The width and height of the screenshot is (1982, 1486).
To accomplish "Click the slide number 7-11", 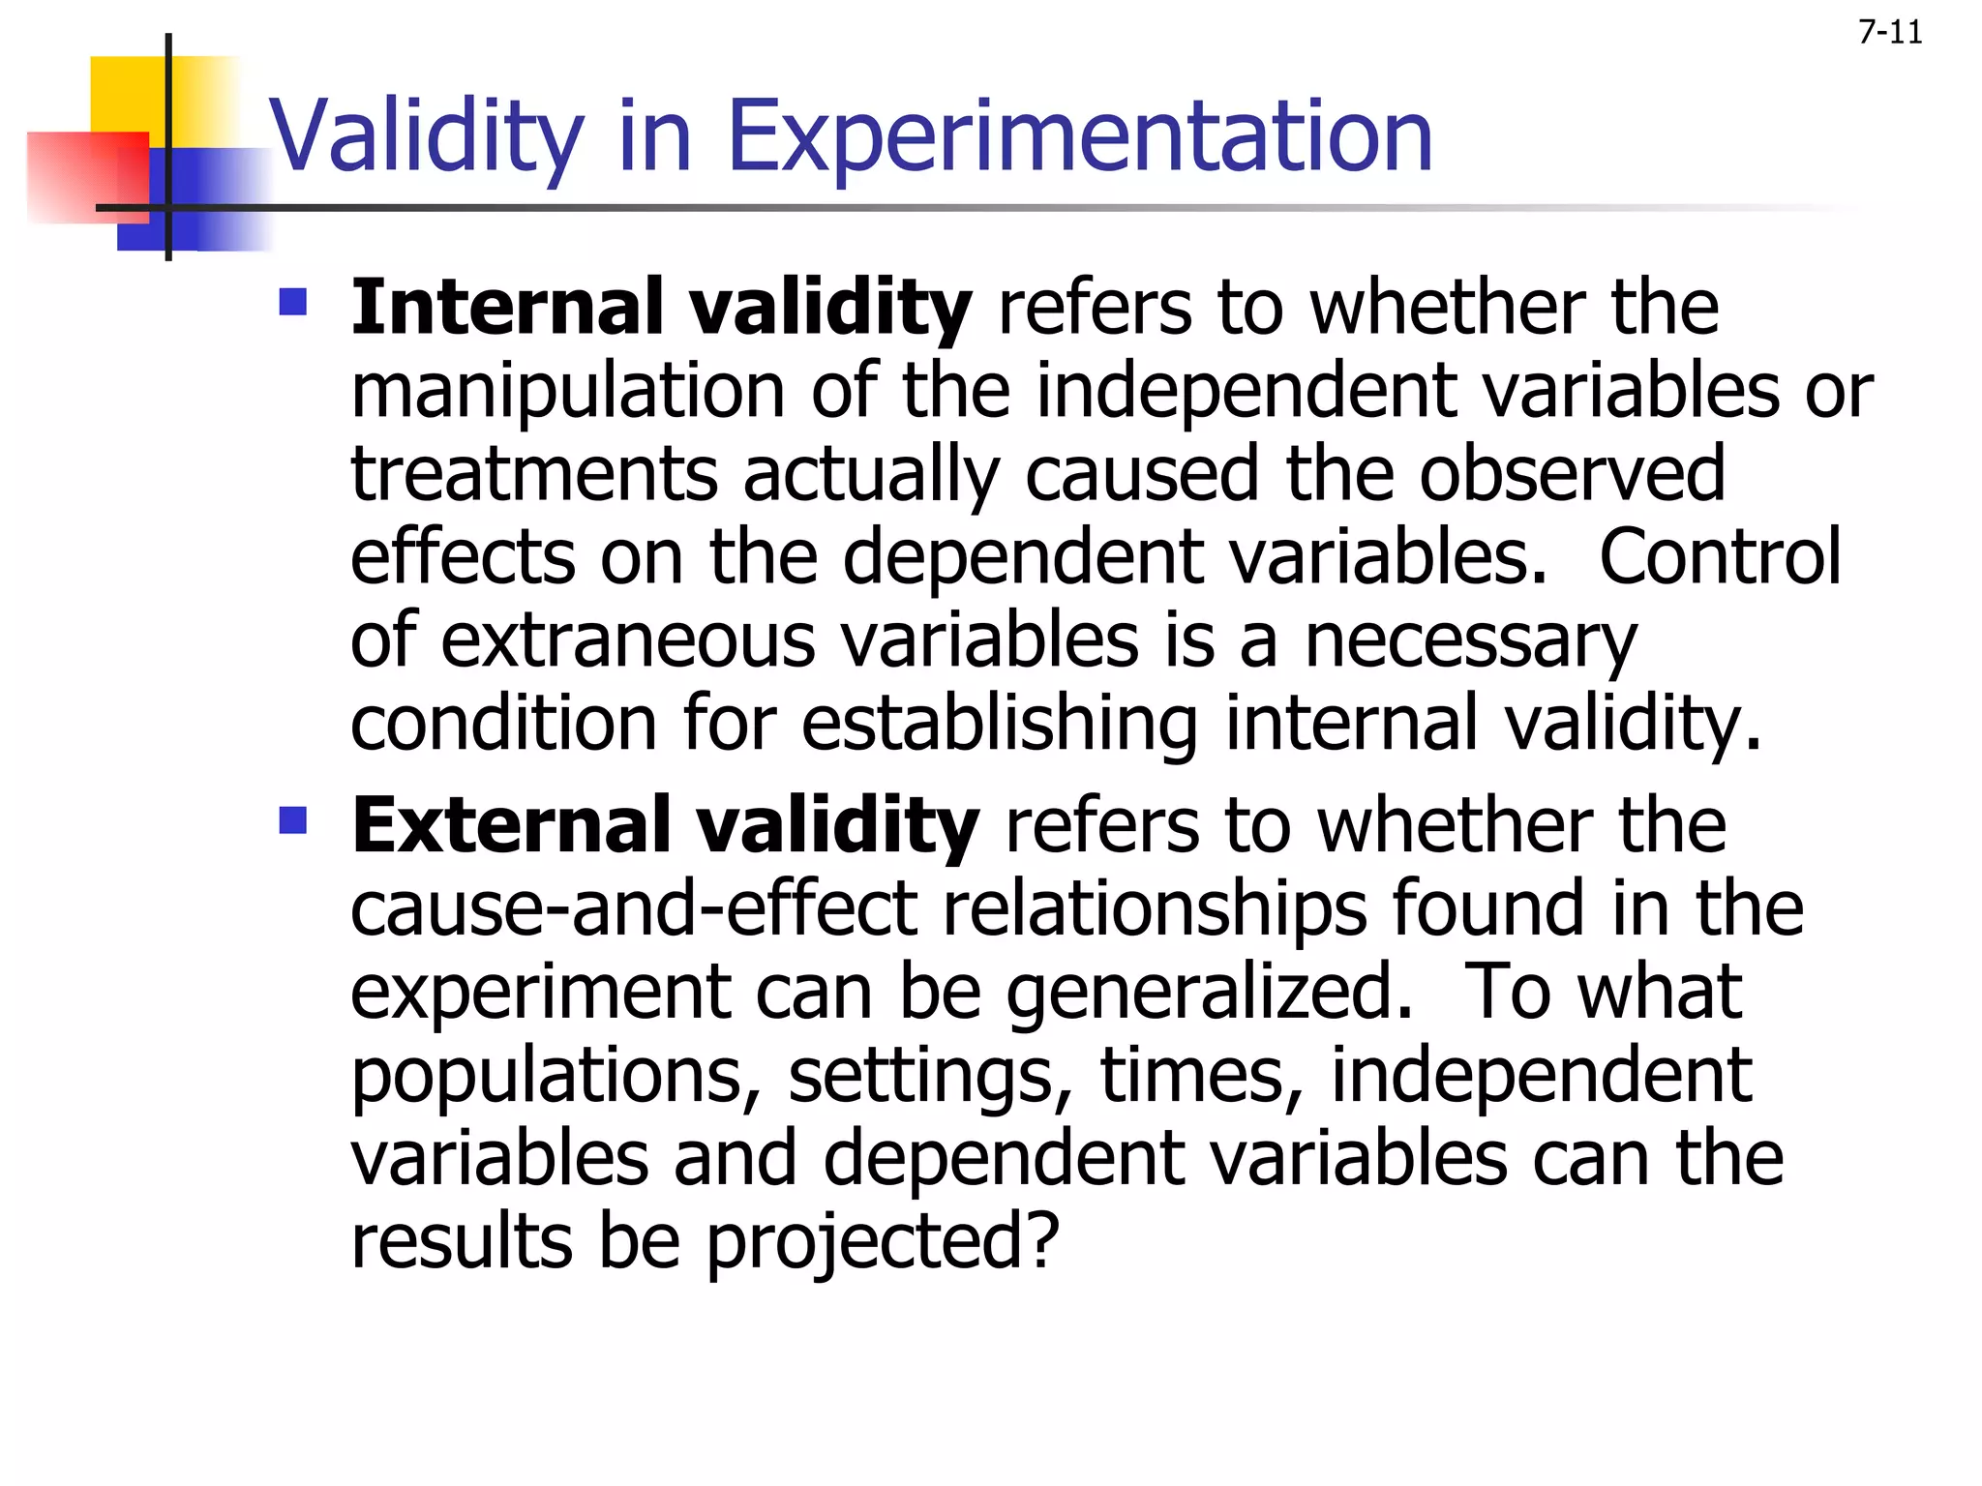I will [1889, 33].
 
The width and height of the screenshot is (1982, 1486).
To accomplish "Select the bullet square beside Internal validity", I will [292, 303].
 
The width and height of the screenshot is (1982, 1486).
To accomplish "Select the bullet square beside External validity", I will [292, 820].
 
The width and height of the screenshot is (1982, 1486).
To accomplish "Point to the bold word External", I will [511, 825].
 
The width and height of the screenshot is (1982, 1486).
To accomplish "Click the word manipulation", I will [567, 392].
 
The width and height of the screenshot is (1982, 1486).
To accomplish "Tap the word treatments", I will [533, 474].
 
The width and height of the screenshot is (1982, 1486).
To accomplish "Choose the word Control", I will [1720, 558].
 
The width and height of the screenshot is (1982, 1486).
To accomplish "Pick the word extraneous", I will [628, 641].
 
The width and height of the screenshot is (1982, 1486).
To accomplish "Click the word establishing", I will [1000, 724].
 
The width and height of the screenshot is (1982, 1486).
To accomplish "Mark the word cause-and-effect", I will [633, 909].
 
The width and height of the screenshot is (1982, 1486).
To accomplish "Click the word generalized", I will [1209, 993].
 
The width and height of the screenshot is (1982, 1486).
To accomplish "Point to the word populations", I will [556, 1076].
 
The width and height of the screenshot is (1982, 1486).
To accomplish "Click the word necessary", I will [1470, 641].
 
